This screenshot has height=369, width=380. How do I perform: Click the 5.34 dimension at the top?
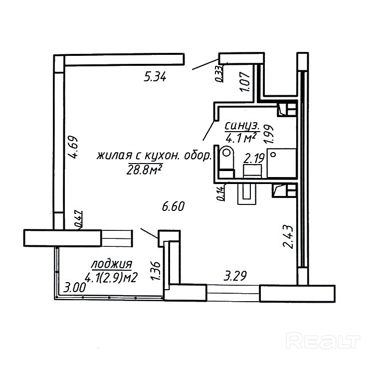[155, 77]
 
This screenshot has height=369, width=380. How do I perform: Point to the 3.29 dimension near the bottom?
[235, 275]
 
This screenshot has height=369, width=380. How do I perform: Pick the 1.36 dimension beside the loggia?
[154, 271]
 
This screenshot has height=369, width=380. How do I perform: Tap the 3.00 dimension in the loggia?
[75, 288]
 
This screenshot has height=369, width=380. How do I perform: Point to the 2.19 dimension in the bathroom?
[253, 159]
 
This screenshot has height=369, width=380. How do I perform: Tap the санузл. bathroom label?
[241, 125]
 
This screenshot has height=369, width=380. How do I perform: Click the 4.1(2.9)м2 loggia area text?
[111, 277]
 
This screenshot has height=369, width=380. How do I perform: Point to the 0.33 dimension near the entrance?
[218, 73]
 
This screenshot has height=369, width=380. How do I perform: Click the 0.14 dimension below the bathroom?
[220, 192]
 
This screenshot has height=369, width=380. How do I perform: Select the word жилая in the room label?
[112, 156]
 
